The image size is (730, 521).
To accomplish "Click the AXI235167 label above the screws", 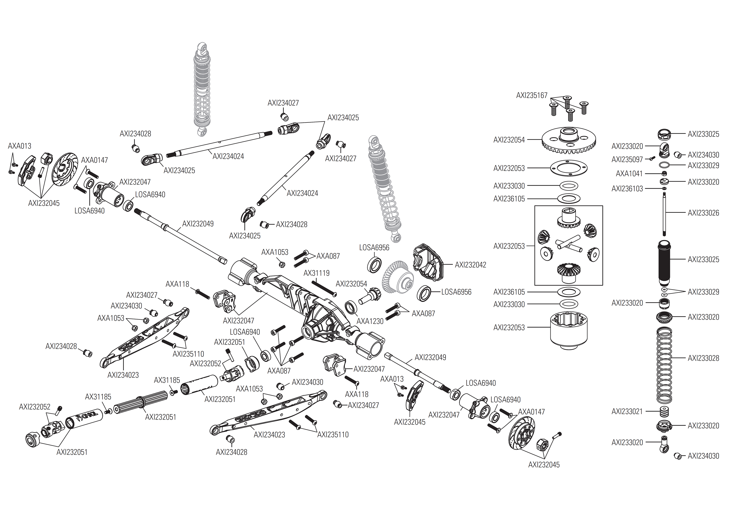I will pos(532,95).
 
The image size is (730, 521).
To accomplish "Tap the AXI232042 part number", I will pos(470,265).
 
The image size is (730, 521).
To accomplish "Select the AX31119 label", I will pos(317,273).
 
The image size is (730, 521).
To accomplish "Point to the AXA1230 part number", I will pos(370,321).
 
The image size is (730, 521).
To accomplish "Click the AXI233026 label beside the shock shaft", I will pos(703,213).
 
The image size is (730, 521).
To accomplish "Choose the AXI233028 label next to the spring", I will pos(703,358).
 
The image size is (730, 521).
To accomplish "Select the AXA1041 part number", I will pos(629,174).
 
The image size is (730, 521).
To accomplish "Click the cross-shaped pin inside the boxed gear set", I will pos(568,246).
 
